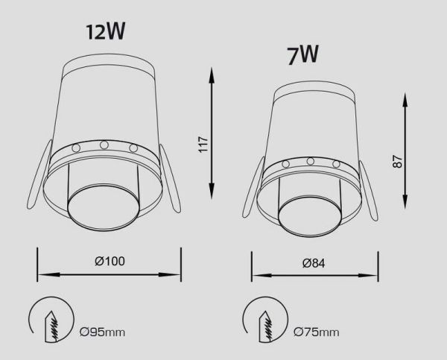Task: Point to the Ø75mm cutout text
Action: (x=317, y=332)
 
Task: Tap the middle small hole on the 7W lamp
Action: (x=310, y=162)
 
